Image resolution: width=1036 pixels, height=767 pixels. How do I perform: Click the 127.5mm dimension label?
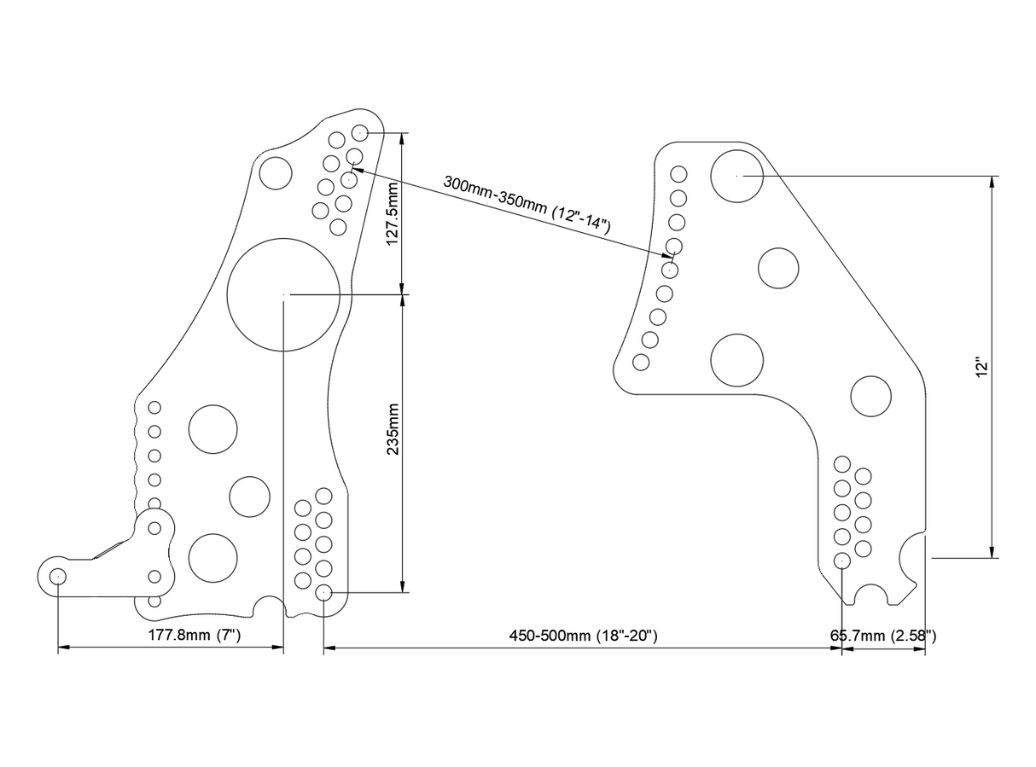pyautogui.click(x=393, y=213)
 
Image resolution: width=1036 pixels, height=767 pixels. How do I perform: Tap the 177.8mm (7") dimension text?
pyautogui.click(x=195, y=636)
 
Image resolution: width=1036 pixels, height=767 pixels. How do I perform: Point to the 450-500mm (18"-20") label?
pyautogui.click(x=583, y=636)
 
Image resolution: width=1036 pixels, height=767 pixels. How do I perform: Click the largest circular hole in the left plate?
pyautogui.click(x=283, y=294)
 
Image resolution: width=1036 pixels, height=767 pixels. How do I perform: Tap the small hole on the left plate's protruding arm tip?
pyautogui.click(x=58, y=577)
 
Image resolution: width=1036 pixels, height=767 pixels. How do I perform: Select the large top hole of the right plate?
pyautogui.click(x=737, y=176)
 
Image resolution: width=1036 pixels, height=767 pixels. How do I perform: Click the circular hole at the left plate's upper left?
pyautogui.click(x=276, y=172)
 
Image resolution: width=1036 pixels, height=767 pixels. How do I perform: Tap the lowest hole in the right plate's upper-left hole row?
pyautogui.click(x=641, y=362)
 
